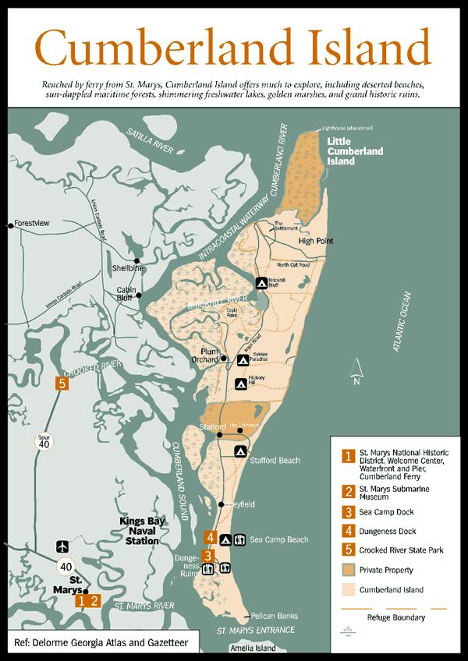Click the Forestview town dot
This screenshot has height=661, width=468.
pyautogui.click(x=10, y=225)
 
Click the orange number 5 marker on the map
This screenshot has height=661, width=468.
pyautogui.click(x=62, y=383)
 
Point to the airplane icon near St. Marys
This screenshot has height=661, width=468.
pyautogui.click(x=62, y=546)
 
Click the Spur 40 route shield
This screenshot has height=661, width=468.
pyautogui.click(x=44, y=442)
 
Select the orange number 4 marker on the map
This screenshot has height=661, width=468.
pyautogui.click(x=210, y=536)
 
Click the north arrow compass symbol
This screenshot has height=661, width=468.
pyautogui.click(x=356, y=371)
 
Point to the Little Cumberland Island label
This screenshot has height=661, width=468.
pyautogui.click(x=356, y=150)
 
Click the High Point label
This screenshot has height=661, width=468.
pyautogui.click(x=315, y=241)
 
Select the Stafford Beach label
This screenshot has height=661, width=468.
pyautogui.click(x=275, y=461)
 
